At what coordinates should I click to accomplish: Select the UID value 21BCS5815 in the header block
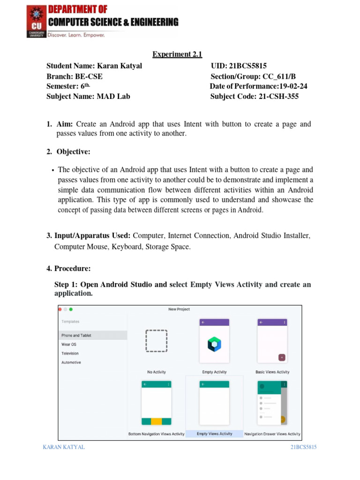coord(248,66)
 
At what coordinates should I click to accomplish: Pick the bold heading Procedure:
coord(73,269)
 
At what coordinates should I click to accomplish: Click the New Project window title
coord(179,309)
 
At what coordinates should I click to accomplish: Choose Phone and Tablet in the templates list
coord(76,336)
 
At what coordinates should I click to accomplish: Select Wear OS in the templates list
coord(69,345)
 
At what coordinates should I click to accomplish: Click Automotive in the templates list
coord(71,362)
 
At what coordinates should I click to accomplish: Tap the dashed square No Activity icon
coord(157,341)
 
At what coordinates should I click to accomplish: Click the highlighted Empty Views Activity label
coord(215,434)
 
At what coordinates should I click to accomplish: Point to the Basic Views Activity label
coord(272,372)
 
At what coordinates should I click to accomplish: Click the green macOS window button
coord(71,309)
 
